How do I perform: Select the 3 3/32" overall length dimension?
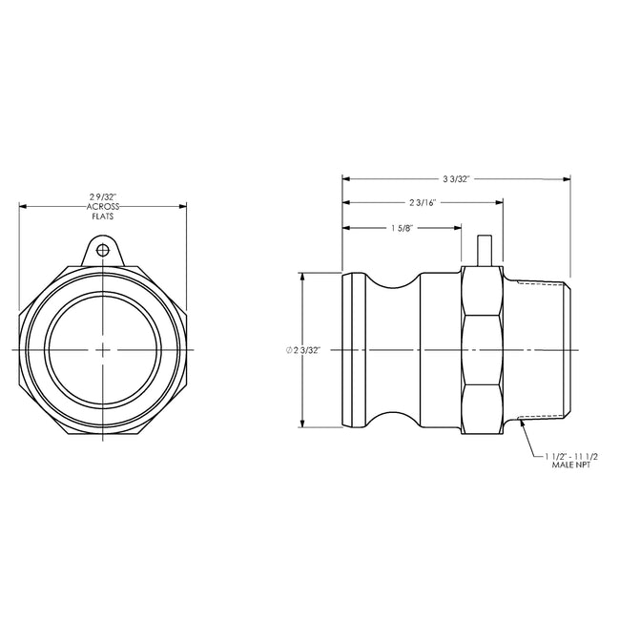pos(456,178)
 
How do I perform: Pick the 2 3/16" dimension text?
pos(424,203)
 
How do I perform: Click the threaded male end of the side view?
pos(539,350)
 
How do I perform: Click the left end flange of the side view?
pos(353,350)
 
